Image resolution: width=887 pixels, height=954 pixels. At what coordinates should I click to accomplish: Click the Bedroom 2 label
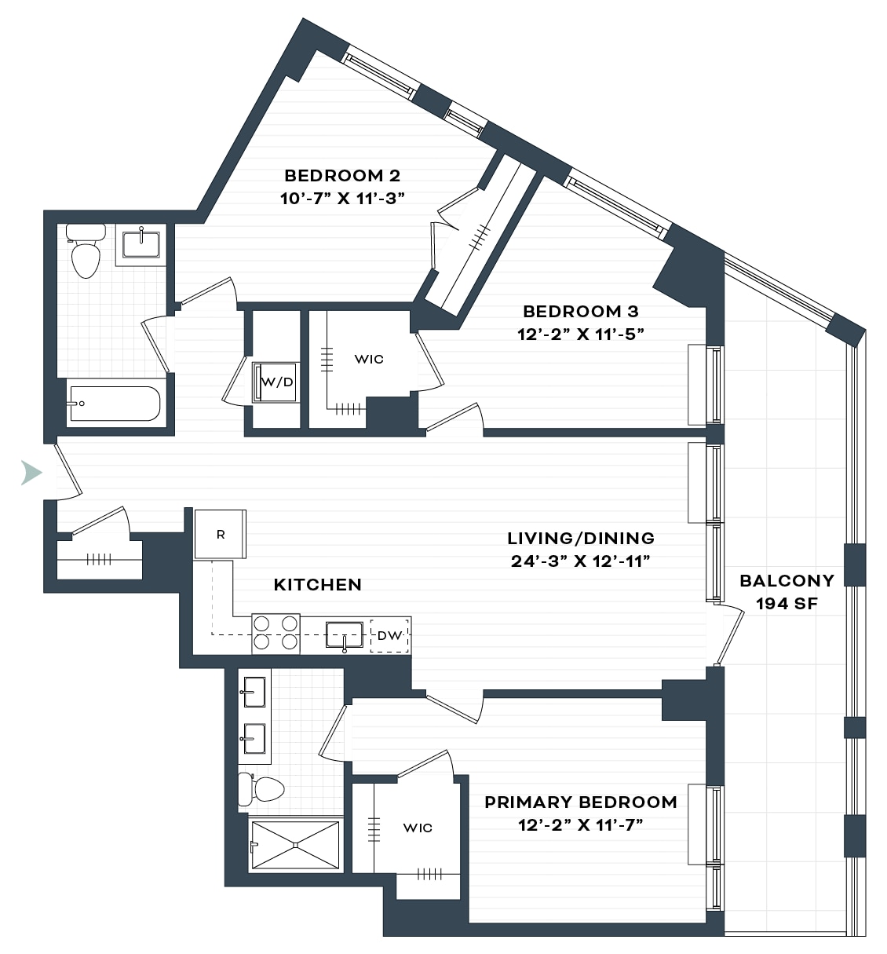click(342, 176)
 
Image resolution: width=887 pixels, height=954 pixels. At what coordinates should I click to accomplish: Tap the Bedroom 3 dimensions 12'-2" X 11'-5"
click(580, 334)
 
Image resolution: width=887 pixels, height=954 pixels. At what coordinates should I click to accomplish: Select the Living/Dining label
click(581, 538)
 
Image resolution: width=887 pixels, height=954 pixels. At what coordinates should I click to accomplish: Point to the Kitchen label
click(317, 585)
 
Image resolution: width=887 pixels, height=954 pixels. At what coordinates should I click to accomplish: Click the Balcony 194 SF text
click(787, 592)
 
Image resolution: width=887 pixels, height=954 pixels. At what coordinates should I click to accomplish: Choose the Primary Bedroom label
click(581, 802)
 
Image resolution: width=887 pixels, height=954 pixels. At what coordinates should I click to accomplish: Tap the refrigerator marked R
click(220, 534)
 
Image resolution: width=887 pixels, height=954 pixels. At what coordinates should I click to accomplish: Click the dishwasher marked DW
click(389, 635)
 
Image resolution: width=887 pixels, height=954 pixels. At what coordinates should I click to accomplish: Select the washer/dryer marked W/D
click(276, 382)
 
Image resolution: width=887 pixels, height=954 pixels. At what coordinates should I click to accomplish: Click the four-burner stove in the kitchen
click(276, 634)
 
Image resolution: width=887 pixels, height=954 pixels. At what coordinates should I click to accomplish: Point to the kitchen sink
click(345, 635)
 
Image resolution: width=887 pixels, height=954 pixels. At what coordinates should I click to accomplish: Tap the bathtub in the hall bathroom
click(115, 404)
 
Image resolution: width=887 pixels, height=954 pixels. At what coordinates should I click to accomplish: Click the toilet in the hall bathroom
click(86, 250)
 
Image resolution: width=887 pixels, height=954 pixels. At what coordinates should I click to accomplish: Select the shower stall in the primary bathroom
click(296, 845)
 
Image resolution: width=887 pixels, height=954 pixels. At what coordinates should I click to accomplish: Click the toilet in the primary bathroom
click(261, 789)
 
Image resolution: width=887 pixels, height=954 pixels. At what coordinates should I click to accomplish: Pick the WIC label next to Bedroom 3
click(369, 360)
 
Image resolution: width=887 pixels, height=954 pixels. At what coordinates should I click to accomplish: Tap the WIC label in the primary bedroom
click(418, 828)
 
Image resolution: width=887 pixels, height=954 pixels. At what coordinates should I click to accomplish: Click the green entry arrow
click(31, 473)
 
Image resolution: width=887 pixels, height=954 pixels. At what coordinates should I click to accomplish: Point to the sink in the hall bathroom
click(141, 244)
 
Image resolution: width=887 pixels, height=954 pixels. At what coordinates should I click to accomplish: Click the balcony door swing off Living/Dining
click(729, 634)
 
